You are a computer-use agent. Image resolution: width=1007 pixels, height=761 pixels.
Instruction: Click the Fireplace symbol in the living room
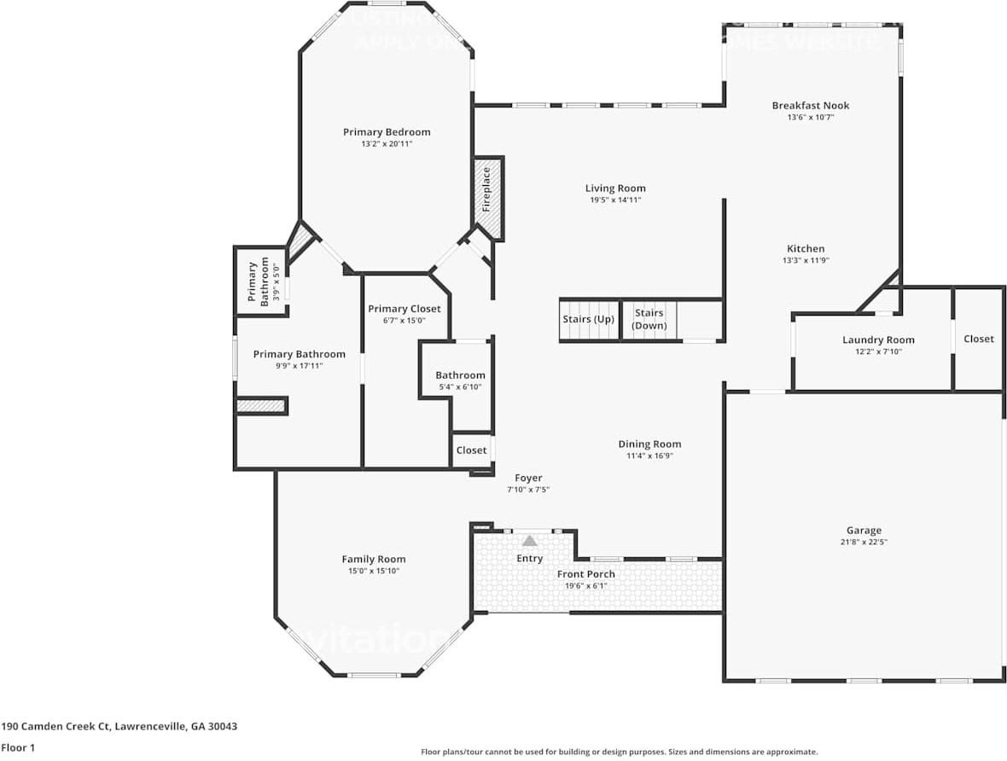(488, 198)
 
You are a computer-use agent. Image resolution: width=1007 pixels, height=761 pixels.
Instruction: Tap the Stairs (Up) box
(589, 320)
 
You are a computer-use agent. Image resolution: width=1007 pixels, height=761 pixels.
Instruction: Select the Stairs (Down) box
(649, 320)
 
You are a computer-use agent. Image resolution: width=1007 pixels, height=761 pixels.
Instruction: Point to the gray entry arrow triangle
(529, 540)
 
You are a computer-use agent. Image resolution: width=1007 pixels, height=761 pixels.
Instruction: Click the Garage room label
(864, 531)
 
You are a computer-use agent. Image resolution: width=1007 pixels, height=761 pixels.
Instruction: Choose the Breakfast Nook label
(810, 106)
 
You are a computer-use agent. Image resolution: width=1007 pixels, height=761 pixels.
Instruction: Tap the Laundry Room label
(878, 340)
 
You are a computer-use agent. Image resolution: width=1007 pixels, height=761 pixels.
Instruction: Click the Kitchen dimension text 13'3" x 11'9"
(805, 261)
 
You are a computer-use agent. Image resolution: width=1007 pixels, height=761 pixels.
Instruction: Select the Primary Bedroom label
(387, 132)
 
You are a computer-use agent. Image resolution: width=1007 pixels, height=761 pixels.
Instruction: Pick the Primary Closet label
(405, 309)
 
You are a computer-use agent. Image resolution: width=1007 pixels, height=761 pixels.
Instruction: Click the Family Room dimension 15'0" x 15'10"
(374, 571)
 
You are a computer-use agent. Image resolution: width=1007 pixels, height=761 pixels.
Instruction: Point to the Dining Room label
(649, 444)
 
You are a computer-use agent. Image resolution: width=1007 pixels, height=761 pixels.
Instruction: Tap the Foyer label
(528, 478)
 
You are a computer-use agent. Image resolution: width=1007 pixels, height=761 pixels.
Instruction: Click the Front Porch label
(586, 574)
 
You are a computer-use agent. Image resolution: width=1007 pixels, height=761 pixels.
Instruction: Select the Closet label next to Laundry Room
(978, 339)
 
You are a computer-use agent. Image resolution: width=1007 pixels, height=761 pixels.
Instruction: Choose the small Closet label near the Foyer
(471, 450)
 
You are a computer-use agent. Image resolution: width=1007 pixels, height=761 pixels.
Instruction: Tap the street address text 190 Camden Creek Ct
(119, 727)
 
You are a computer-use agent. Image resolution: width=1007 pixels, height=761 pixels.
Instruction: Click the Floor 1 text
(19, 747)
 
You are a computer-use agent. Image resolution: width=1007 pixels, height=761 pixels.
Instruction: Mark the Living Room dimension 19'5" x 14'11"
(614, 200)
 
